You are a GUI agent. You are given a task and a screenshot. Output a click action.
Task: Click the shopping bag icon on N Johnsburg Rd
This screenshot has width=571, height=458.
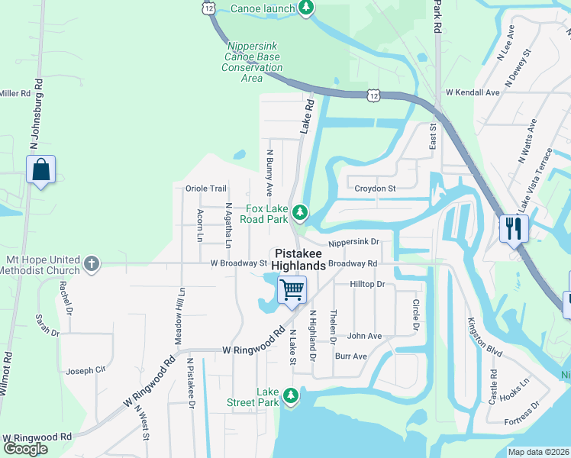point(40,169)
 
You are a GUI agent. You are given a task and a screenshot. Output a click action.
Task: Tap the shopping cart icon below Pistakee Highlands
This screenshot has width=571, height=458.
point(291,290)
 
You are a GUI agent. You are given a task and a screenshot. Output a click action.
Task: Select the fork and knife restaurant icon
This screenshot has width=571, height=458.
point(513,227)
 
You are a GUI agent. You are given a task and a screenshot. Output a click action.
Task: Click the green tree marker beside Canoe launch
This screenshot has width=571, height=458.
point(306,8)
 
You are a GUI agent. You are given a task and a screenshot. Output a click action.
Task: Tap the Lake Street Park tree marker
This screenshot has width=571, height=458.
point(290,395)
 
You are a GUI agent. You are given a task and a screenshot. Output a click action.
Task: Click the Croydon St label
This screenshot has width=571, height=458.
point(375,188)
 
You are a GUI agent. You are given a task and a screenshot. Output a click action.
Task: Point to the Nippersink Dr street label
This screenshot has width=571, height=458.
point(354,243)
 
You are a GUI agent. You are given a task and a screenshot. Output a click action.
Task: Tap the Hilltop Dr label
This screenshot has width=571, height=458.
point(367,284)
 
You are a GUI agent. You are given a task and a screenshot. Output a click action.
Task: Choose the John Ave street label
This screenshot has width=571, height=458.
point(364,336)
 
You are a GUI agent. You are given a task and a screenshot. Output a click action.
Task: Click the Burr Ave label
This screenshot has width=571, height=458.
point(350,356)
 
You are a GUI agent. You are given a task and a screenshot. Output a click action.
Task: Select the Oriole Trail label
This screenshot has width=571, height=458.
point(206,189)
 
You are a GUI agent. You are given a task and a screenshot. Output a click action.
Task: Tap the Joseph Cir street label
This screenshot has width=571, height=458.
point(85,370)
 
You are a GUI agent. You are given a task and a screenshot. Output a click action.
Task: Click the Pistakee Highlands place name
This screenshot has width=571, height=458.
point(298,259)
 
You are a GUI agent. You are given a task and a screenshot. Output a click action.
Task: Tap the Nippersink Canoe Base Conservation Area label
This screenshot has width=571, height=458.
point(253,62)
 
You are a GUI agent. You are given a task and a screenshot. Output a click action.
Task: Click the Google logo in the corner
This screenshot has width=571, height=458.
point(25,449)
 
